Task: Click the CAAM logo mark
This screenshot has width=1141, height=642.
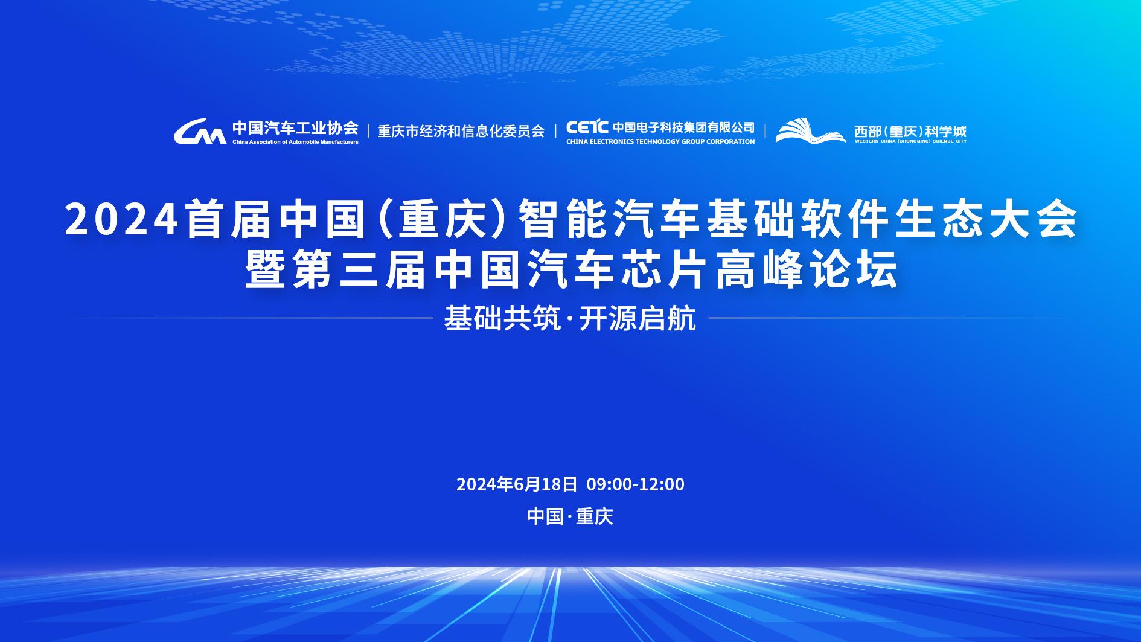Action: point(200,131)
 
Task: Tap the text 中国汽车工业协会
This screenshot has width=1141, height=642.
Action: point(295,128)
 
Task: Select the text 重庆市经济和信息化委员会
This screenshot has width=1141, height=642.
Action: point(461,131)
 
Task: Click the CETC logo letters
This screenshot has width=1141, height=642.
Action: point(587,127)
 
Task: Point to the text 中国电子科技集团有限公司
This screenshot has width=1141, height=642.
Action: point(684,127)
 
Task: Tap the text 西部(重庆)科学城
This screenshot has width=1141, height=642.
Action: point(910,130)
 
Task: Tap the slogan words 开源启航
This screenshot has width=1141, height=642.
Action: point(638,318)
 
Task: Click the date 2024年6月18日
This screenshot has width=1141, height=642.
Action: point(517,484)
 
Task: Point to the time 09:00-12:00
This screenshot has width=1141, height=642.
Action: point(636,484)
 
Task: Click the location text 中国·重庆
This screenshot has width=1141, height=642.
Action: point(570,516)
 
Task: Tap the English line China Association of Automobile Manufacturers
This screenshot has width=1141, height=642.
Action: point(295,142)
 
